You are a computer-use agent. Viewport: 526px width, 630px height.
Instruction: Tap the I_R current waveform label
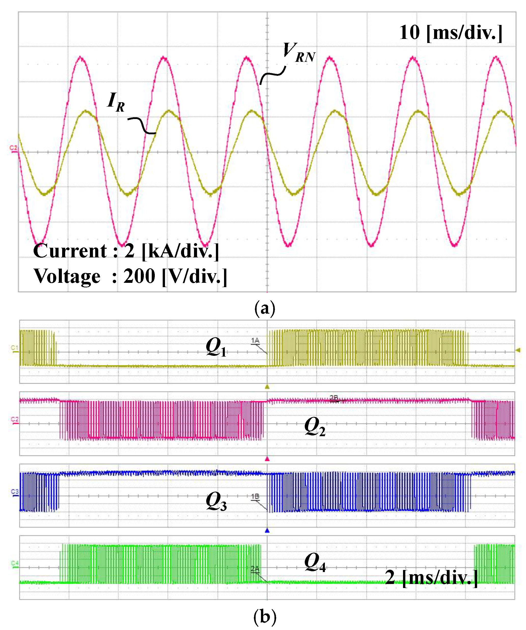[116, 102]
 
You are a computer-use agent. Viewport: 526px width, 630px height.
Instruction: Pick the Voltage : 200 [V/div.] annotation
[130, 276]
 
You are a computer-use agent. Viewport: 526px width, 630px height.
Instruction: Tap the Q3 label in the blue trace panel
[216, 501]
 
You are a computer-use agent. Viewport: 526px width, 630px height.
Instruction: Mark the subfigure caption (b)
[265, 617]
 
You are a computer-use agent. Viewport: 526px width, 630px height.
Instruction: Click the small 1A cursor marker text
[255, 341]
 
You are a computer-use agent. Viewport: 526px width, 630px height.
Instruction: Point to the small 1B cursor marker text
[255, 496]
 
